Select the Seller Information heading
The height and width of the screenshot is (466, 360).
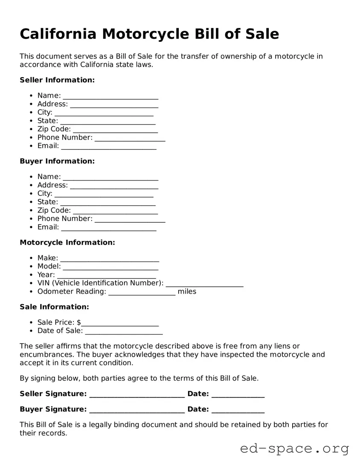(x=57, y=80)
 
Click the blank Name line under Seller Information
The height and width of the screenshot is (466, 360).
(x=110, y=96)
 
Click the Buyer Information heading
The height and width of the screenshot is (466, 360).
(x=57, y=161)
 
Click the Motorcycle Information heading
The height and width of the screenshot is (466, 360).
(x=67, y=242)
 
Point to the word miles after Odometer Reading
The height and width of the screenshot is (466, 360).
(x=187, y=291)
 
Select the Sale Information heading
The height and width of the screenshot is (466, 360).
(x=54, y=307)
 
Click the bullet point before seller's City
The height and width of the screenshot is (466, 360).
(x=32, y=113)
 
